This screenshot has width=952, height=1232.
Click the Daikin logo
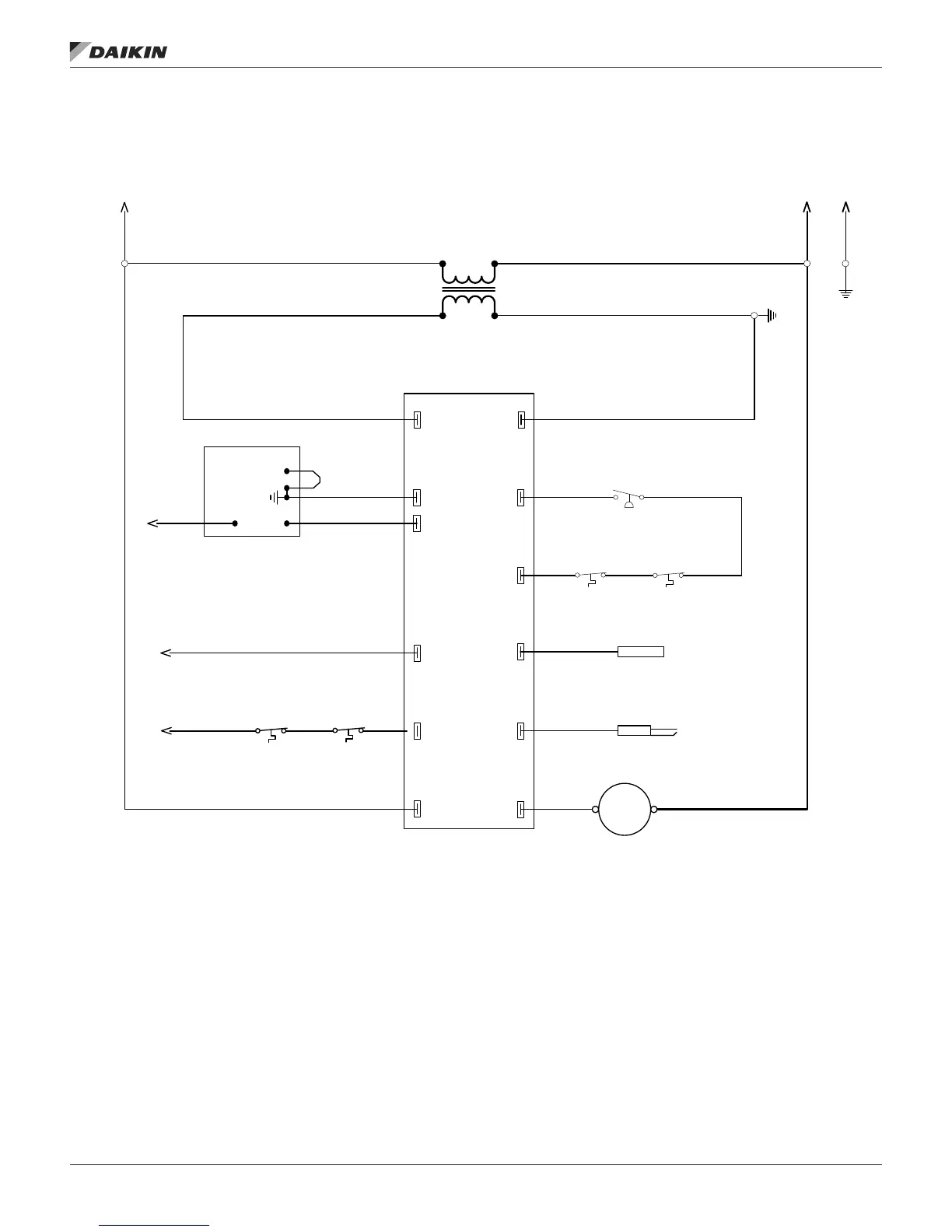click(118, 51)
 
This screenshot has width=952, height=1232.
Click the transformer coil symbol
click(468, 290)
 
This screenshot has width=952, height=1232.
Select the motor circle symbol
click(625, 809)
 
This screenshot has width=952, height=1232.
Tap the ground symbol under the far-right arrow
click(845, 293)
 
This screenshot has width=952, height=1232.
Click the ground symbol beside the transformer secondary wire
click(772, 315)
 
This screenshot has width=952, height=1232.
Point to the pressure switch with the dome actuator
click(628, 498)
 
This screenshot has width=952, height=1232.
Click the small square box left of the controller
click(251, 491)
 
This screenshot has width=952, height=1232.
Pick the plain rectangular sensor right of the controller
click(640, 652)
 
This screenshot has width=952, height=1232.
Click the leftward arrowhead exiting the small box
click(152, 523)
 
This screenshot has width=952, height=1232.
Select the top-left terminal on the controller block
click(417, 420)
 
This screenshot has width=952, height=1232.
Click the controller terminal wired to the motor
click(521, 809)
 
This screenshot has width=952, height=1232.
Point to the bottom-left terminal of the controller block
click(417, 809)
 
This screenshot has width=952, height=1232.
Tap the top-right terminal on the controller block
click(521, 420)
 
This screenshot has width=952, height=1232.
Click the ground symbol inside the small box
click(275, 497)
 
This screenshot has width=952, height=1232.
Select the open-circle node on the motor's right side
click(653, 809)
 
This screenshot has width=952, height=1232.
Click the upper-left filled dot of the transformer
click(443, 264)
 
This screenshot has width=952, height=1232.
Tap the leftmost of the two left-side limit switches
click(271, 733)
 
